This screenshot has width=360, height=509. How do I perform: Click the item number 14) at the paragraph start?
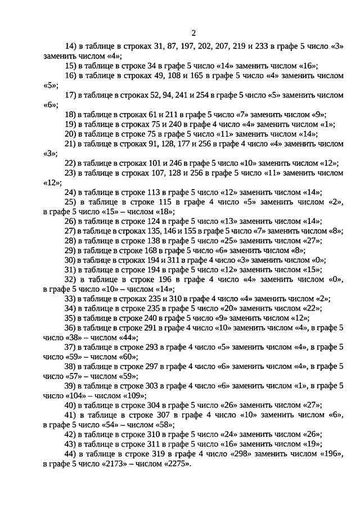click(71, 47)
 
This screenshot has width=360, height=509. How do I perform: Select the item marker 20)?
click(71, 134)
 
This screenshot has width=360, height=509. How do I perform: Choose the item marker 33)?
click(71, 299)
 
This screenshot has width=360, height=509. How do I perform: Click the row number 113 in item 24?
click(154, 192)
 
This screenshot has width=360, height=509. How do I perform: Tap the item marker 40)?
click(71, 406)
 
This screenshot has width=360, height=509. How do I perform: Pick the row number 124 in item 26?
click(154, 221)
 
